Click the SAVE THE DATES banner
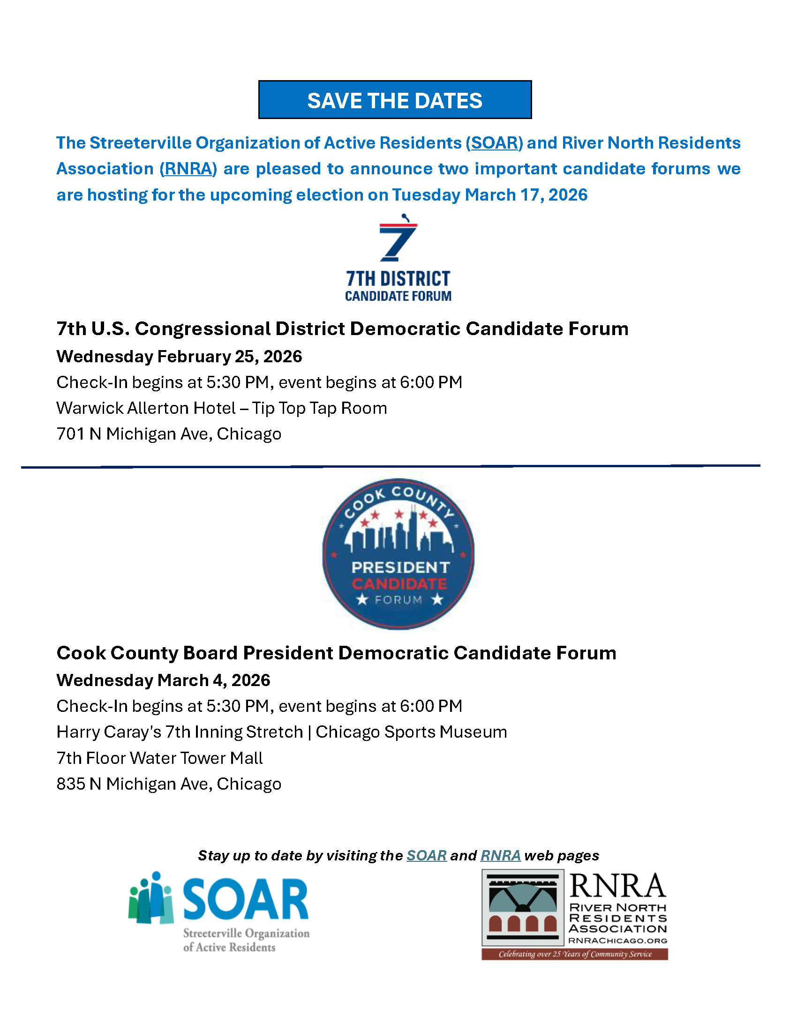(x=395, y=100)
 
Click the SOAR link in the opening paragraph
(x=494, y=143)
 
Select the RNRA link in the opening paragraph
(x=188, y=169)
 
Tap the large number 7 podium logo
(x=398, y=239)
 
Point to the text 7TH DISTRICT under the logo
(x=398, y=279)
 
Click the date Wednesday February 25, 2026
(x=179, y=357)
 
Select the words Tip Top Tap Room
(x=319, y=408)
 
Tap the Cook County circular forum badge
(x=398, y=554)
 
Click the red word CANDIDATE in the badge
(x=399, y=584)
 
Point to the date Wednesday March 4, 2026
(x=163, y=680)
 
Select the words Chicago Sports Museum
(x=411, y=732)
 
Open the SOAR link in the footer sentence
(x=426, y=856)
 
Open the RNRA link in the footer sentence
(x=501, y=856)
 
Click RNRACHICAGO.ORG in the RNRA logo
(x=617, y=941)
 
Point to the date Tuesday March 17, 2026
(x=489, y=195)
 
